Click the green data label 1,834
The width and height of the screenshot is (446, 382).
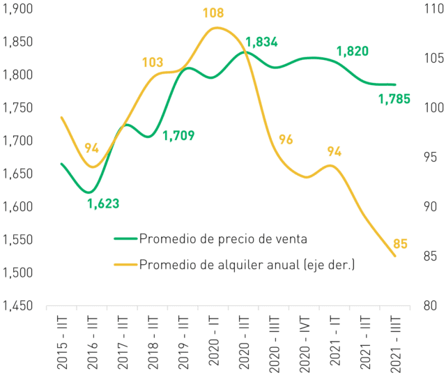(x=261, y=42)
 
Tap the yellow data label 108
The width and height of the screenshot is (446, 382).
(x=213, y=13)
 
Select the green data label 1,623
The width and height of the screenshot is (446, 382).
(x=103, y=204)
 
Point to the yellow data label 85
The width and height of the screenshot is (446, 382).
(x=400, y=244)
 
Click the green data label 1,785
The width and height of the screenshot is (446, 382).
(x=394, y=99)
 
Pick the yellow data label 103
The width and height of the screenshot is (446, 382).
(x=153, y=62)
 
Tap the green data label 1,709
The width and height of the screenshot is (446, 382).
(x=178, y=136)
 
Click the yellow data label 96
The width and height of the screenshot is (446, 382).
(x=286, y=139)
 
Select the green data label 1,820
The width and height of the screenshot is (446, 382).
(x=353, y=51)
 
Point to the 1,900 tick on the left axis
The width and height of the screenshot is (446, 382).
(x=17, y=9)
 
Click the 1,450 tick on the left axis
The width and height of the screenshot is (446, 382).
(x=17, y=306)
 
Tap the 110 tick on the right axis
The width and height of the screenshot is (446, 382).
(x=434, y=9)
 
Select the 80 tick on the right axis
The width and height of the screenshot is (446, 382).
(x=430, y=306)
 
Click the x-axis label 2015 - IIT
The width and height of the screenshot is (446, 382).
(x=62, y=342)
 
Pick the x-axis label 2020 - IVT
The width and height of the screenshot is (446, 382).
(x=305, y=344)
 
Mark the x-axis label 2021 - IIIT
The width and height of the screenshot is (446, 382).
(x=396, y=344)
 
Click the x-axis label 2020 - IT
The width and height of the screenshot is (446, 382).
(x=214, y=340)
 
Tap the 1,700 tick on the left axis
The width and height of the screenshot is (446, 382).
(x=17, y=141)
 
